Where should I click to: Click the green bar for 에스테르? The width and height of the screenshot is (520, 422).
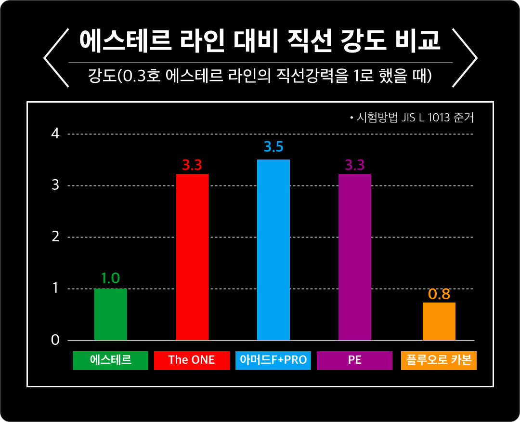pos(110,315)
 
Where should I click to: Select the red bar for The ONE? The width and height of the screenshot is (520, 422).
pos(192,257)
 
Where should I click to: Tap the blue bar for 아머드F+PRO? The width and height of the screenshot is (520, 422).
pos(273,250)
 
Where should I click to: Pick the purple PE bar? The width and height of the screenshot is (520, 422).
pos(355,257)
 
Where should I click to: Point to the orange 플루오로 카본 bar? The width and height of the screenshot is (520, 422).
pos(439,321)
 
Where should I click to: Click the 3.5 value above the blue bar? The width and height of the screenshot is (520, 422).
pos(273,146)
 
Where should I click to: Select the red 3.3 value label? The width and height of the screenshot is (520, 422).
pos(192,165)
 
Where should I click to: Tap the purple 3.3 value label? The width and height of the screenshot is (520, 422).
pos(355,165)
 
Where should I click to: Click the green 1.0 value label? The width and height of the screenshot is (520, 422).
pos(110,278)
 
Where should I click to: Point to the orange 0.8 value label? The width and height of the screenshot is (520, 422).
pos(439,294)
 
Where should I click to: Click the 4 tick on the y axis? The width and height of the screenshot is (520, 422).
pos(55,134)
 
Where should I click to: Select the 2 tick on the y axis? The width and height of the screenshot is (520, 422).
pos(55,237)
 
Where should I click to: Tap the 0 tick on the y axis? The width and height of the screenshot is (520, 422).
pos(55,340)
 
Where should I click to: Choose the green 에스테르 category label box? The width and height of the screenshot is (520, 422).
pos(110,360)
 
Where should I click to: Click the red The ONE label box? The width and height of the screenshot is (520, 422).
pos(192,360)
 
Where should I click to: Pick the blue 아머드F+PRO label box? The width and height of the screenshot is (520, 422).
pos(273,360)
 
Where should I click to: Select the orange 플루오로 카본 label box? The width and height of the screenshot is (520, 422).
pos(439,360)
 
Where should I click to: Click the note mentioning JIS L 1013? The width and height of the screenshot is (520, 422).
pos(412,118)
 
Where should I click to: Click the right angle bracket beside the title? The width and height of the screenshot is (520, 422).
pos(465,58)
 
